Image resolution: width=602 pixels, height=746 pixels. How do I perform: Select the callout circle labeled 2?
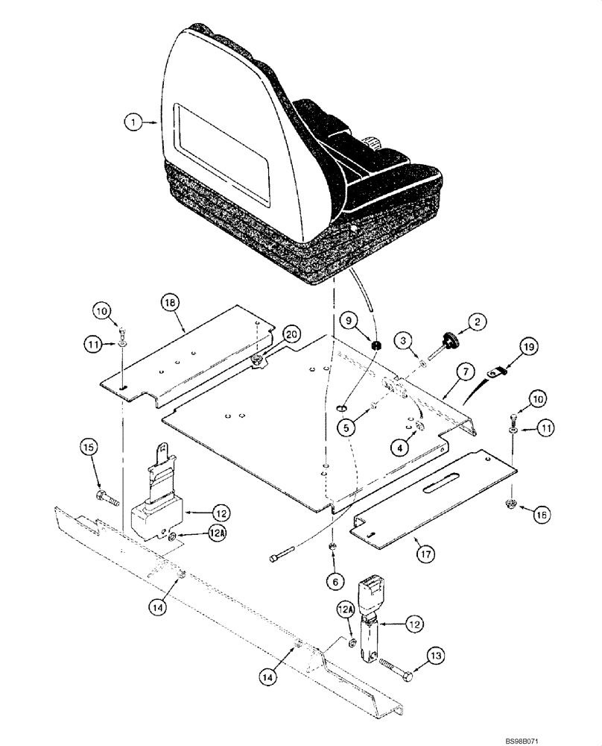click(478, 322)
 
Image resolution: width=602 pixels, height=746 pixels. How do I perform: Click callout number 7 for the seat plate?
click(464, 369)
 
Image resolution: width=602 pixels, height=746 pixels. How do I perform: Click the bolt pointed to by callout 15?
click(104, 497)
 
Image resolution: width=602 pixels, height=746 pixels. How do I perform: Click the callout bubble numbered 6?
click(333, 579)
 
